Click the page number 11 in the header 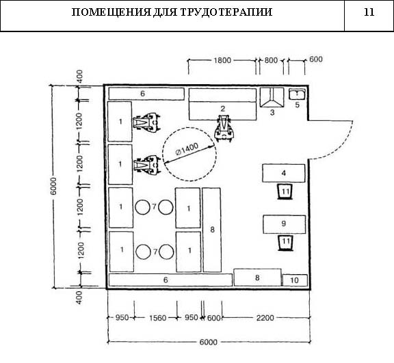pyautogui.click(x=369, y=12)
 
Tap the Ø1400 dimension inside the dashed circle pyautogui.click(x=187, y=149)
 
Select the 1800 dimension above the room pyautogui.click(x=222, y=60)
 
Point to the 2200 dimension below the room pyautogui.click(x=265, y=318)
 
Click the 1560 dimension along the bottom pyautogui.click(x=157, y=318)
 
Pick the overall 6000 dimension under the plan pyautogui.click(x=209, y=342)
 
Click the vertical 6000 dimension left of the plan pyautogui.click(x=53, y=186)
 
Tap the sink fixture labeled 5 pyautogui.click(x=297, y=94)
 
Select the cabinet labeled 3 pyautogui.click(x=272, y=97)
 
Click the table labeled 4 pyautogui.click(x=284, y=173)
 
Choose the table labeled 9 pyautogui.click(x=284, y=224)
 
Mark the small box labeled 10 pyautogui.click(x=295, y=280)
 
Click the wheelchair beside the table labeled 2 pyautogui.click(x=224, y=129)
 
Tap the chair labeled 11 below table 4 pyautogui.click(x=285, y=192)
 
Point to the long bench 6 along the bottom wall pyautogui.click(x=170, y=280)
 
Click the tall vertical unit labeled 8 pyautogui.click(x=212, y=230)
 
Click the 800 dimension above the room pyautogui.click(x=271, y=60)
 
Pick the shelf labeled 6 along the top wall pyautogui.click(x=146, y=94)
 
